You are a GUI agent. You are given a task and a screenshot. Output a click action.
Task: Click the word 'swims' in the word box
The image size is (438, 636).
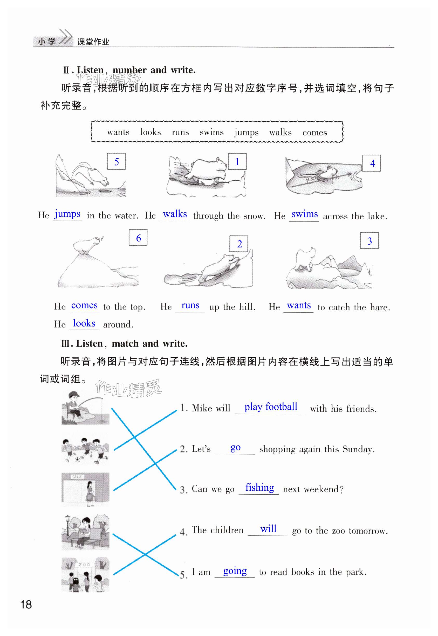tap(211, 132)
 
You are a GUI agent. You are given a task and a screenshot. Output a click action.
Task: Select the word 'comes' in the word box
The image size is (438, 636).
tap(314, 133)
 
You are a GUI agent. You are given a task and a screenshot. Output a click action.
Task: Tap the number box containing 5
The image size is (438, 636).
tap(116, 162)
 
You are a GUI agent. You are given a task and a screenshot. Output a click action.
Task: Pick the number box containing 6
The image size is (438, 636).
tap(138, 238)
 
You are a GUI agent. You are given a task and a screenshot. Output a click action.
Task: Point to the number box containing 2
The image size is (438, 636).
tap(239, 244)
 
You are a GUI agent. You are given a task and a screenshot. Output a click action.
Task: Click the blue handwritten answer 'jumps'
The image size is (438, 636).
tap(67, 214)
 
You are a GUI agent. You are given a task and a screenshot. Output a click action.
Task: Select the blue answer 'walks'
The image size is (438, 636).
tap(175, 214)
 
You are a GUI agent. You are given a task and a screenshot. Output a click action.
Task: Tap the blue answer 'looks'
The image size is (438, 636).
tap(84, 323)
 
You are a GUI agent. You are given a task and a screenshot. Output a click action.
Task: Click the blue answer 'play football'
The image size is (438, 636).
tap(271, 406)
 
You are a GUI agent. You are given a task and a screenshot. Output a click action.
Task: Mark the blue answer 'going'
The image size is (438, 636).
tap(235, 571)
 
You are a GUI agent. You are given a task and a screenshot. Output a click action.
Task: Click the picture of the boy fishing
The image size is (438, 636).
tap(85, 408)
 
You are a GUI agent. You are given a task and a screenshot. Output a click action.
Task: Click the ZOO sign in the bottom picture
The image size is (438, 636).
tap(84, 564)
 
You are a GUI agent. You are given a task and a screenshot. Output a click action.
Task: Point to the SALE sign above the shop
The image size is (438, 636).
tap(77, 477)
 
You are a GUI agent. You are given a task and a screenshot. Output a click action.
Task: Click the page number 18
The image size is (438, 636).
tap(26, 604)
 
